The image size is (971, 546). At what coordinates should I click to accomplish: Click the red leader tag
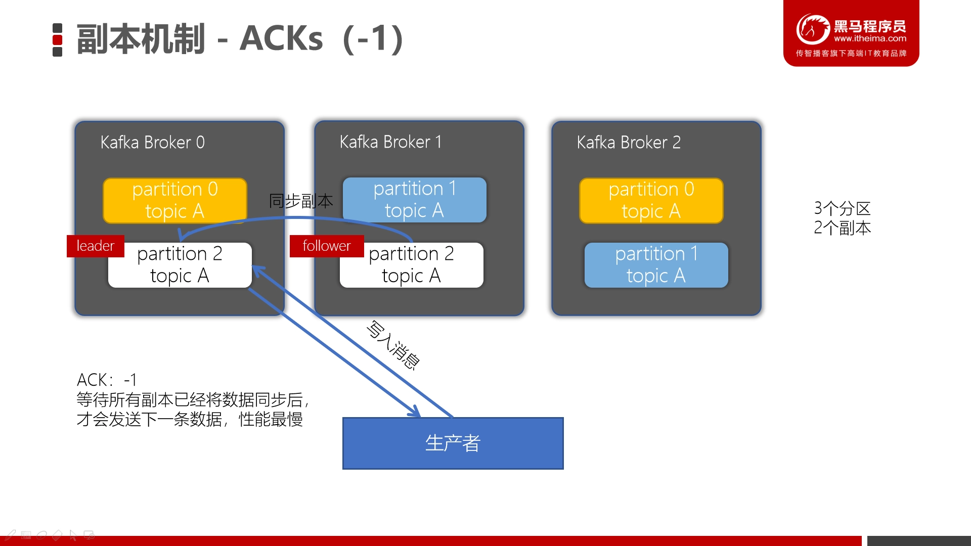[96, 246]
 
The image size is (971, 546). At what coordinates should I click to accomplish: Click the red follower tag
[327, 246]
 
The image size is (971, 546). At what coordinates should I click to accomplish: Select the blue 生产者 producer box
[453, 443]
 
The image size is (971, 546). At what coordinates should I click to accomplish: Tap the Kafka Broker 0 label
[153, 143]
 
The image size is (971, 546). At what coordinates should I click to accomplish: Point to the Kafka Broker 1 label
[391, 142]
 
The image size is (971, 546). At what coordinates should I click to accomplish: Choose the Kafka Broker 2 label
[629, 143]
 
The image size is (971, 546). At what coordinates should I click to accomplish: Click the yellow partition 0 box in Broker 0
[175, 200]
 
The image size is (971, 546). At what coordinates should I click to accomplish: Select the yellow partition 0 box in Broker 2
[651, 200]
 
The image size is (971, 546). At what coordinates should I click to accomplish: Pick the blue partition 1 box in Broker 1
[415, 200]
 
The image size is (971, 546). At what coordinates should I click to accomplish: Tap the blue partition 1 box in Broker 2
[656, 265]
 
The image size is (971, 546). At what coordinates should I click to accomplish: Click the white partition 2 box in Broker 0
[180, 265]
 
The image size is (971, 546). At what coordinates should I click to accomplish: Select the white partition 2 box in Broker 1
[412, 265]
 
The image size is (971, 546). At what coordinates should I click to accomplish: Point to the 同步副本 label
[301, 201]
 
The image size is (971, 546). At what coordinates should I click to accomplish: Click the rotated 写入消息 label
[393, 345]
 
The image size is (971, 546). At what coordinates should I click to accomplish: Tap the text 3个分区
[843, 208]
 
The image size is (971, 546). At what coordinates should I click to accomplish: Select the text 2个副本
[843, 228]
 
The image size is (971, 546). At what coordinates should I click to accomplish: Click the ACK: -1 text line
[107, 380]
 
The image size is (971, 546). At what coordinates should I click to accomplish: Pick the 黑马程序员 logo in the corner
[851, 33]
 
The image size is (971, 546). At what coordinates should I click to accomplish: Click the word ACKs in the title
[281, 39]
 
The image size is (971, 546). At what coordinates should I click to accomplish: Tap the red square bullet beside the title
[58, 40]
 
